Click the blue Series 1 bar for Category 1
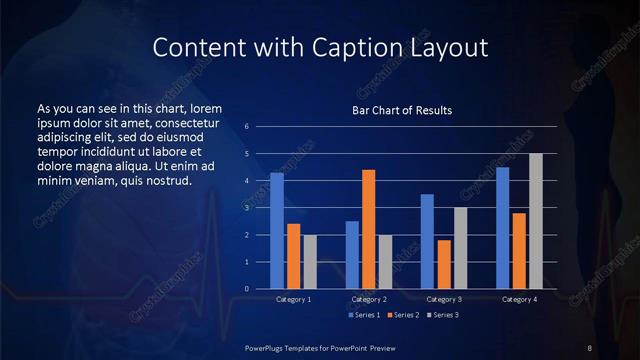pos(277,231)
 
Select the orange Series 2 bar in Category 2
pos(369,229)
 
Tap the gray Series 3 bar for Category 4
pos(536,221)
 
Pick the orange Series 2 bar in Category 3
pos(444,264)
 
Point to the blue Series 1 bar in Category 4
pos(503,228)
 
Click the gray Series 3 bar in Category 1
pos(310,262)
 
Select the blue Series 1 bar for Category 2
pos(352,255)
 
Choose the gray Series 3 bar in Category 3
pos(461,248)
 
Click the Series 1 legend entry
pos(365,315)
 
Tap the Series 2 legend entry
pos(404,315)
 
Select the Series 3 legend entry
pos(443,315)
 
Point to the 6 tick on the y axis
pos(246,127)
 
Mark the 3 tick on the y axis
pos(246,208)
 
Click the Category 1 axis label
pos(294,299)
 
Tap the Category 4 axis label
pos(519,299)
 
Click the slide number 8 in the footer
pos(591,347)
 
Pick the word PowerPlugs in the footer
pos(269,347)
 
